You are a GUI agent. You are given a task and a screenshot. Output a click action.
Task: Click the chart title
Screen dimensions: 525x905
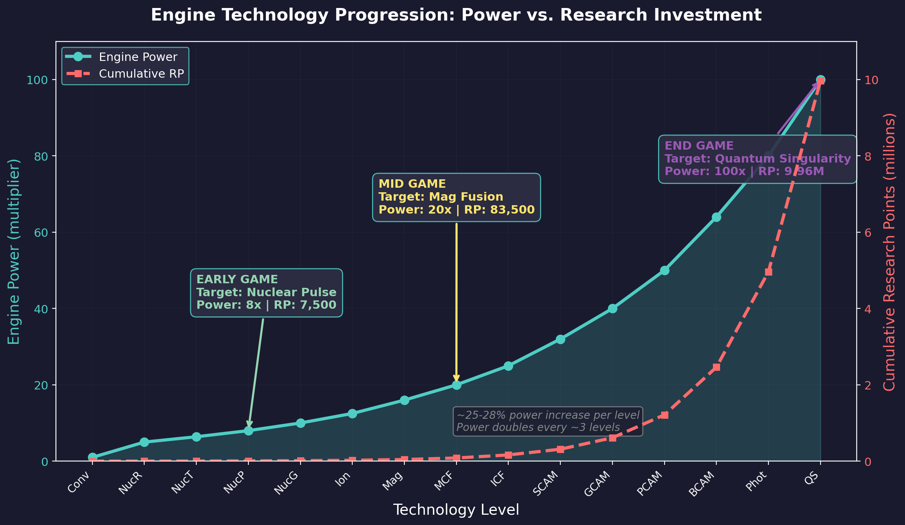456,15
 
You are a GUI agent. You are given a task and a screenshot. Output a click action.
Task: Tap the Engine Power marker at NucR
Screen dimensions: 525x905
144,442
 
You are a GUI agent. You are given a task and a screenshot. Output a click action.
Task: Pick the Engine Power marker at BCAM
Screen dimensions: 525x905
716,217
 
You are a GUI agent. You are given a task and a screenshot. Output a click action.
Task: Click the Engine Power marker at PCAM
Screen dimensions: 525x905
665,271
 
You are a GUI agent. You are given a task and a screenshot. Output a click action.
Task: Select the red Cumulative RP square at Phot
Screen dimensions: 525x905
768,272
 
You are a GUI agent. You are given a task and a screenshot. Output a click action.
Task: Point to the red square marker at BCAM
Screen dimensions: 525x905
716,367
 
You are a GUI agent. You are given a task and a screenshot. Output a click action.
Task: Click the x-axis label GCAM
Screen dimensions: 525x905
601,484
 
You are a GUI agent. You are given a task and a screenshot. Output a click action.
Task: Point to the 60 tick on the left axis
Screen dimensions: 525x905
45,233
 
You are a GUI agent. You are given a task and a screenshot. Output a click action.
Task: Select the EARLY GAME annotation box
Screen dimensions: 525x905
266,292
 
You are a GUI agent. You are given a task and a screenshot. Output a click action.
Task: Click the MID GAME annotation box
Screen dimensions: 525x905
456,197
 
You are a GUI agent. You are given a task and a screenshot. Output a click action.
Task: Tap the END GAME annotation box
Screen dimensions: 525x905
757,159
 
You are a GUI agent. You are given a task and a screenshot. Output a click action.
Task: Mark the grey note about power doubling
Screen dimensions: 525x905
548,421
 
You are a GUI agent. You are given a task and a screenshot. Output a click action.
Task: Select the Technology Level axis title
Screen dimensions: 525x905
456,510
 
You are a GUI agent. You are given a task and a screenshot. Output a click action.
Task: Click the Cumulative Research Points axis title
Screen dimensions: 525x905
889,251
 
